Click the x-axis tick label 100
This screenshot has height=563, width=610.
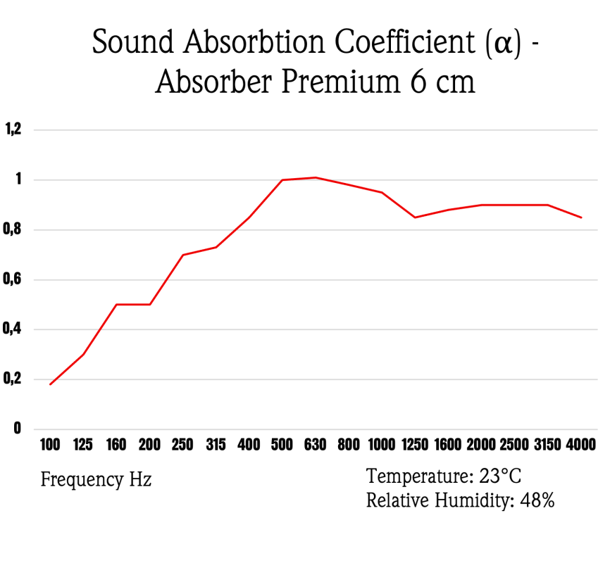50,445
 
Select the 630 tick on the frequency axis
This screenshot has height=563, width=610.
315,445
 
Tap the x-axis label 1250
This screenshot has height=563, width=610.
415,445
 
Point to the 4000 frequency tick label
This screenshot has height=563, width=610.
581,445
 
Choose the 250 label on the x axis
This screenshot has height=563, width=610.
182,445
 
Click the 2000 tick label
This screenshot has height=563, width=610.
481,445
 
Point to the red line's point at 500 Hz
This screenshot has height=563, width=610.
282,179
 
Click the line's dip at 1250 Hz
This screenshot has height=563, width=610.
415,217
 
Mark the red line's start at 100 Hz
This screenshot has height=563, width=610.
50,384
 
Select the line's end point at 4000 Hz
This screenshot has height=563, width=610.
581,217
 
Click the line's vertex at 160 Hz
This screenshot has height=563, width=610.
116,304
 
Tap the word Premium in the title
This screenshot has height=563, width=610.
341,82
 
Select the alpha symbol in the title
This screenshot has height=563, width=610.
502,44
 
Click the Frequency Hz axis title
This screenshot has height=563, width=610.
96,480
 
